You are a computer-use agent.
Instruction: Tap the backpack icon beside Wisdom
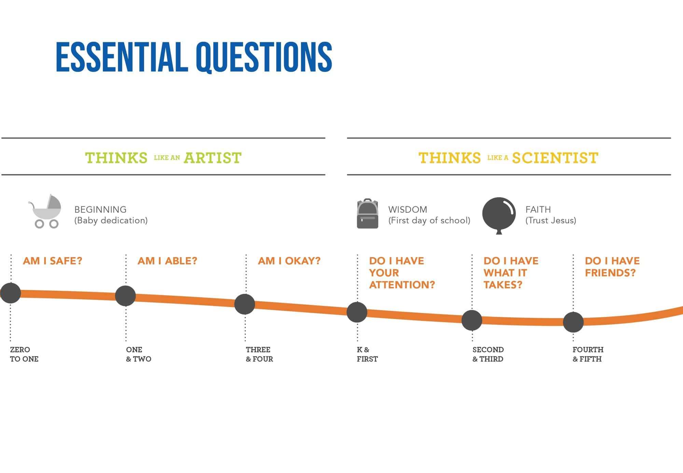tap(367, 213)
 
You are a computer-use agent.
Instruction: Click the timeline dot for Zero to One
tap(11, 293)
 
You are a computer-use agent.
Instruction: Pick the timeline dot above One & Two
tap(125, 296)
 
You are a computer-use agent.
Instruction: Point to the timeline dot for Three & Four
tap(245, 304)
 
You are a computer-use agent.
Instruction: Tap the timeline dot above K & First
tap(357, 312)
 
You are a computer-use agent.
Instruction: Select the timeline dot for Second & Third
tap(472, 320)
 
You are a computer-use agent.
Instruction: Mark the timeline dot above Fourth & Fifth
tap(573, 322)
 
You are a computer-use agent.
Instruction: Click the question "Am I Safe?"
tap(53, 261)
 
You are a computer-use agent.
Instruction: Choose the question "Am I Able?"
tap(167, 261)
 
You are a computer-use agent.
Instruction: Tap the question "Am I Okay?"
tap(289, 261)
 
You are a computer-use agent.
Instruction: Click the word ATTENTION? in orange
tap(402, 285)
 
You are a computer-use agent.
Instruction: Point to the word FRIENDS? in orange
tap(610, 273)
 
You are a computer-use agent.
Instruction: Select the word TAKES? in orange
tap(503, 285)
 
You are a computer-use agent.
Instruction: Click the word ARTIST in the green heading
tap(212, 158)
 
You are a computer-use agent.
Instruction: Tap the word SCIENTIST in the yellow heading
tap(555, 158)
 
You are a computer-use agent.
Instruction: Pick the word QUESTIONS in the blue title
tap(264, 57)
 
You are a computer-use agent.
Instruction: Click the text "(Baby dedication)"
tap(111, 221)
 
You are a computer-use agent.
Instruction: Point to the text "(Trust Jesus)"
tap(550, 221)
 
